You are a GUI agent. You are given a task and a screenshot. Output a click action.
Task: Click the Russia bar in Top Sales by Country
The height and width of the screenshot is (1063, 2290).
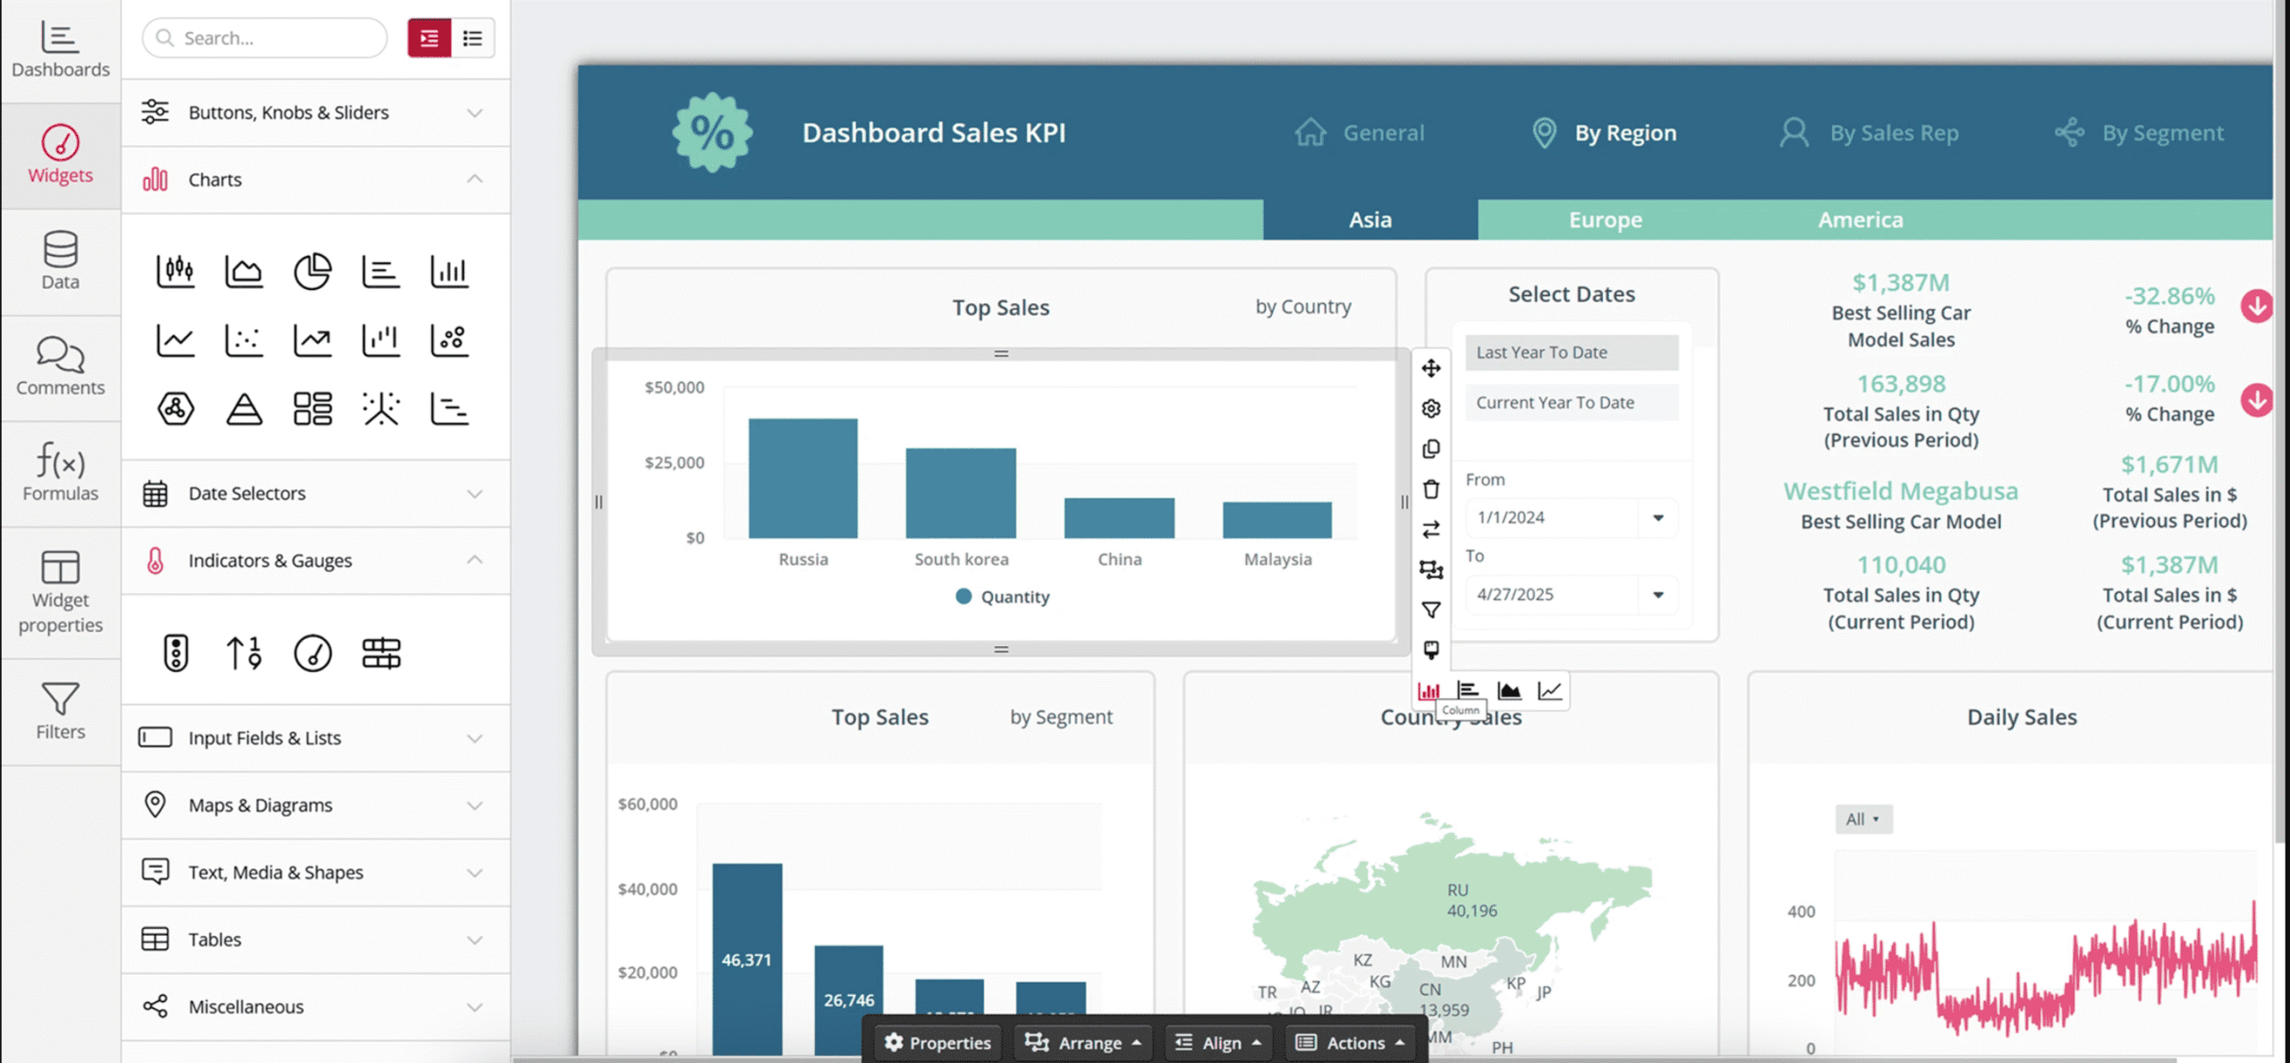[x=802, y=479]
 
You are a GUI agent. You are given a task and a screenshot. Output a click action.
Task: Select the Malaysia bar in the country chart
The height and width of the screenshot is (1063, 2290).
[x=1276, y=520]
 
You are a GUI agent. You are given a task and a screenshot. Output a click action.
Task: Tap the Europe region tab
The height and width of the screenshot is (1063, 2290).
[x=1605, y=220]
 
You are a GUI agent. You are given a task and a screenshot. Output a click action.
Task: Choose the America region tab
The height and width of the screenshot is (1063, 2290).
[x=1860, y=220]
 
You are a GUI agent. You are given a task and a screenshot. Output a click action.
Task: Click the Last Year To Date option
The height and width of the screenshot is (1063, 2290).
[x=1571, y=353]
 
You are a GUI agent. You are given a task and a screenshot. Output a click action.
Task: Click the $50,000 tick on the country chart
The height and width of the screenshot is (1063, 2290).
[x=674, y=387]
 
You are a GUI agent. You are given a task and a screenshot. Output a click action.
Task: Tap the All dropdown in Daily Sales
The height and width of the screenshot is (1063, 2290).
[x=1863, y=819]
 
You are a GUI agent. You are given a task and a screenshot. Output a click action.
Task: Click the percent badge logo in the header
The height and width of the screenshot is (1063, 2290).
[x=712, y=133]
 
